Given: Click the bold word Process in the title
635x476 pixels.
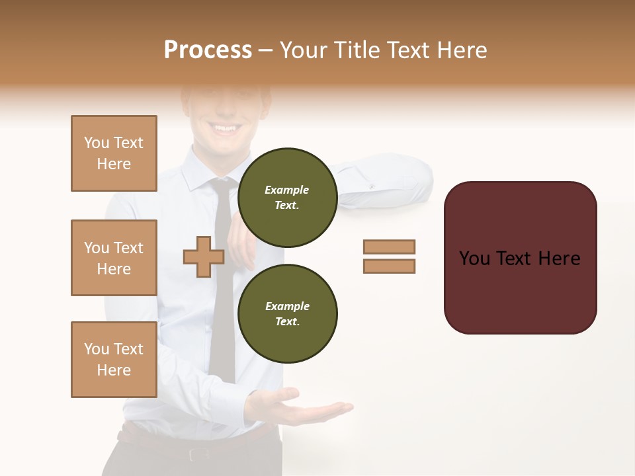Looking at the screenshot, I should coord(208,50).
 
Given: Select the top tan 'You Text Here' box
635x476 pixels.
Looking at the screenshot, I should coord(114,153).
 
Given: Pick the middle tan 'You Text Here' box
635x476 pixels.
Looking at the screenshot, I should coord(114,258).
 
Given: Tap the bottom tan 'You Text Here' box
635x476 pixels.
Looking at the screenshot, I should coord(114,360).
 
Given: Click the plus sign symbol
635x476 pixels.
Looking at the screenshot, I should coord(204,257).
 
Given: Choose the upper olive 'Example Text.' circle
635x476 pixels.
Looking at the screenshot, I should coord(287,197).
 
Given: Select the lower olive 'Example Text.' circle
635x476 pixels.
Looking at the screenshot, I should coord(287,313).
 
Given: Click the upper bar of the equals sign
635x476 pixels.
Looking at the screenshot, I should coord(389,247).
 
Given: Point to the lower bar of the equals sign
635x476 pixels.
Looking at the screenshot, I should coord(389,266).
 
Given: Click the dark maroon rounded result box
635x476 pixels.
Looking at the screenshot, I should coord(520,258).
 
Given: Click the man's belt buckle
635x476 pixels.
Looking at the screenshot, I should coord(198,454).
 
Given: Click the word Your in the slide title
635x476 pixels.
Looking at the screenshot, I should coord(304,50).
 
